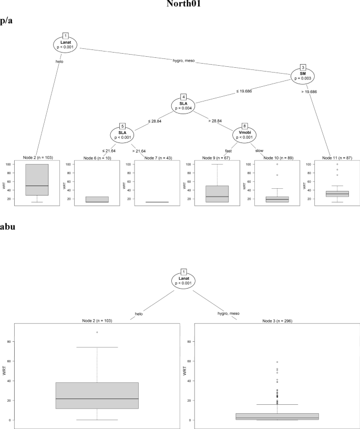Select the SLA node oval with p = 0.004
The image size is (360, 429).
[183, 106]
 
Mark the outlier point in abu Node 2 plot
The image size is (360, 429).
[97, 332]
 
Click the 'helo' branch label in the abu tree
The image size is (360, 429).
[139, 314]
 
